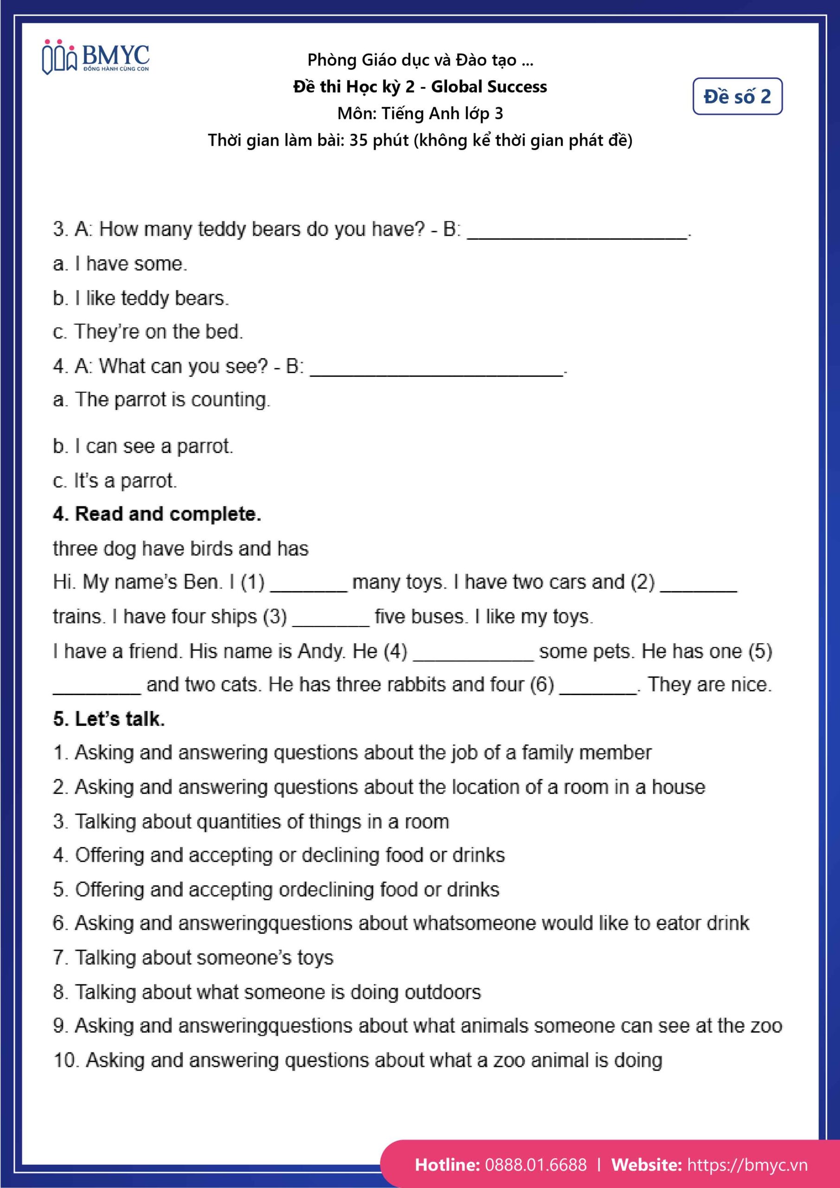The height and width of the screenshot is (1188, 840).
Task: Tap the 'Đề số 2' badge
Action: point(737,96)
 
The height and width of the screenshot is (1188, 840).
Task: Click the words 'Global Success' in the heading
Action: point(489,86)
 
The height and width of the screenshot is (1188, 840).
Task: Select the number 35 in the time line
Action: point(359,140)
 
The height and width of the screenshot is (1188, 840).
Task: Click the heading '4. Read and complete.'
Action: point(157,514)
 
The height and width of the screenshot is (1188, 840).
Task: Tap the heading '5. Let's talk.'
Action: point(109,719)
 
